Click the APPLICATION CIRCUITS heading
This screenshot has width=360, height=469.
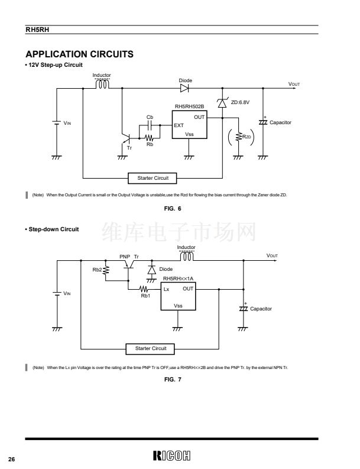click(x=79, y=54)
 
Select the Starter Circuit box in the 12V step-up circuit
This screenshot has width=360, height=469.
click(x=153, y=177)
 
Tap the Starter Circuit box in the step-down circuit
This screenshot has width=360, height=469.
click(x=151, y=348)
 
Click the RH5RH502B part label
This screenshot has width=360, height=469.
click(x=189, y=107)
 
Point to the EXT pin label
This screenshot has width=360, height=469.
click(x=179, y=125)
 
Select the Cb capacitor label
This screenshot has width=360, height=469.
click(x=150, y=117)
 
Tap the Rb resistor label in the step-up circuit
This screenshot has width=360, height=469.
click(x=150, y=144)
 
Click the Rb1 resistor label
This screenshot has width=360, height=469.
click(x=145, y=296)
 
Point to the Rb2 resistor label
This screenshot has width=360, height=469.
click(x=96, y=269)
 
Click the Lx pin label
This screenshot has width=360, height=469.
click(x=167, y=289)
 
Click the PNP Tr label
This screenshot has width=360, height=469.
click(x=129, y=257)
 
